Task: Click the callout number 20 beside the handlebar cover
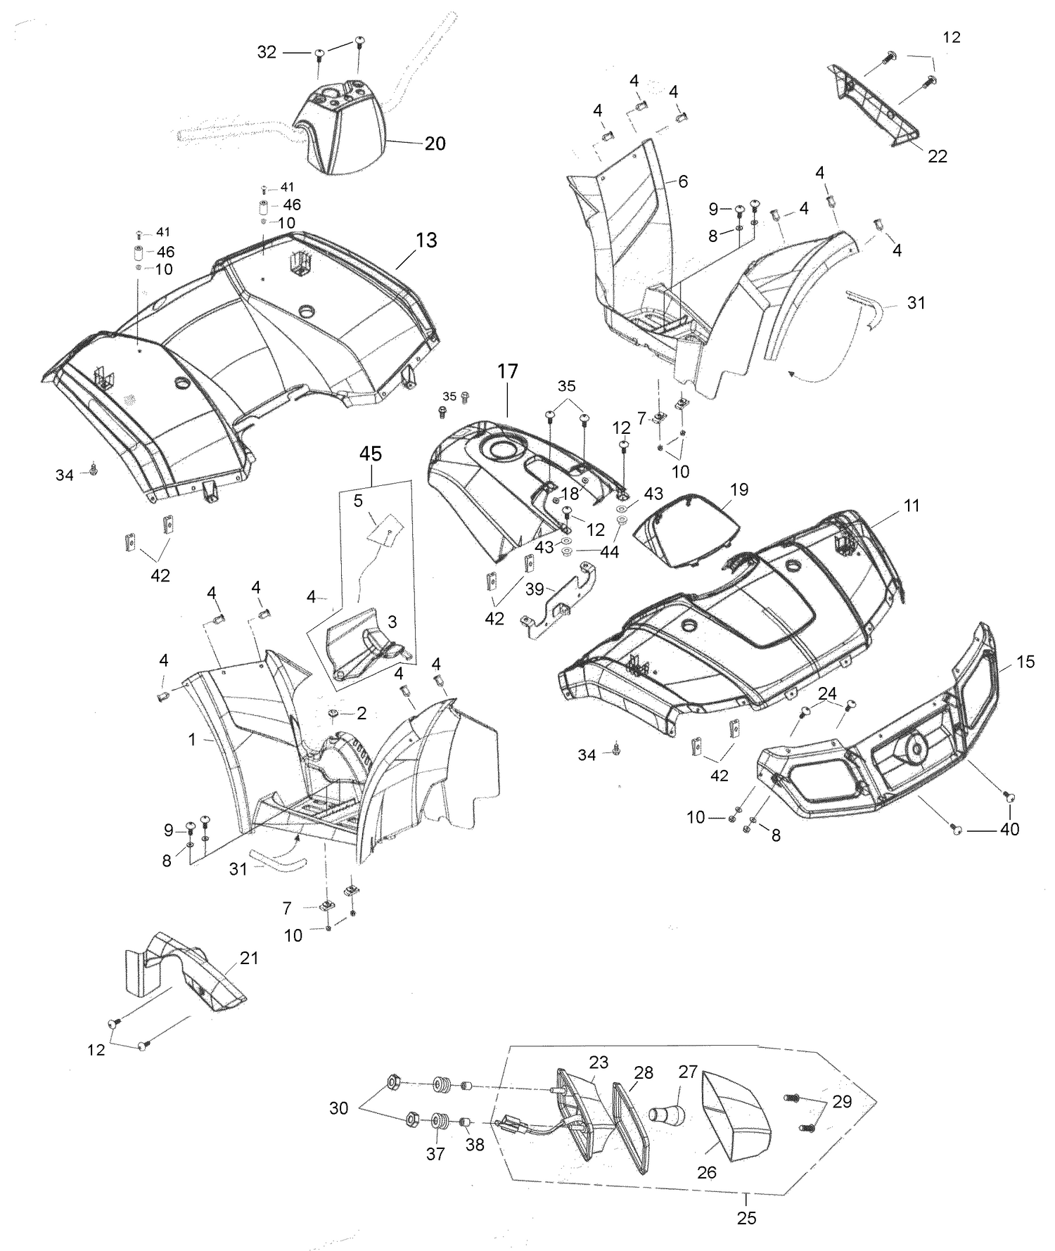[x=435, y=143]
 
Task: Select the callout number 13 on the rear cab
[x=426, y=240]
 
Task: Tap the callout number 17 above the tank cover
[x=508, y=371]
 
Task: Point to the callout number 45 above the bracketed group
[x=371, y=454]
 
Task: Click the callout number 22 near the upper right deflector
[x=938, y=156]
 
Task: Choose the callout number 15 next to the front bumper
[x=1025, y=662]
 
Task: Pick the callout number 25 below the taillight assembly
[x=747, y=1217]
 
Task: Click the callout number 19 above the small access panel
[x=739, y=489]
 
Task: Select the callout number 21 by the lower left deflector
[x=249, y=958]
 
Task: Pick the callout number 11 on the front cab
[x=912, y=506]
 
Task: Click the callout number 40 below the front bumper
[x=1009, y=830]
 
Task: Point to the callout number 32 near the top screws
[x=267, y=52]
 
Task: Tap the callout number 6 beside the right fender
[x=682, y=181]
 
